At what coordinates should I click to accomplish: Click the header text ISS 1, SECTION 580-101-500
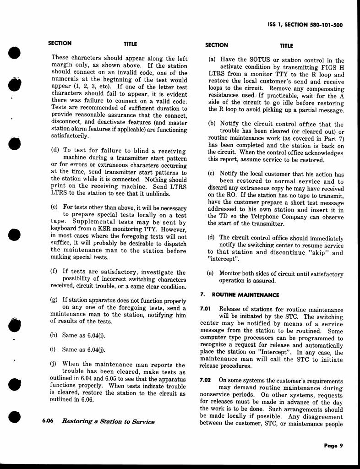pos(305,25)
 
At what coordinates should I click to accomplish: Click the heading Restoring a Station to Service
pos(108,421)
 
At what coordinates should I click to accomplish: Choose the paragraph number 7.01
pos(205,310)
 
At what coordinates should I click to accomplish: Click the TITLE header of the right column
pos(286,46)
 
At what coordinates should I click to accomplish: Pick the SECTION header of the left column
pos(60,44)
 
